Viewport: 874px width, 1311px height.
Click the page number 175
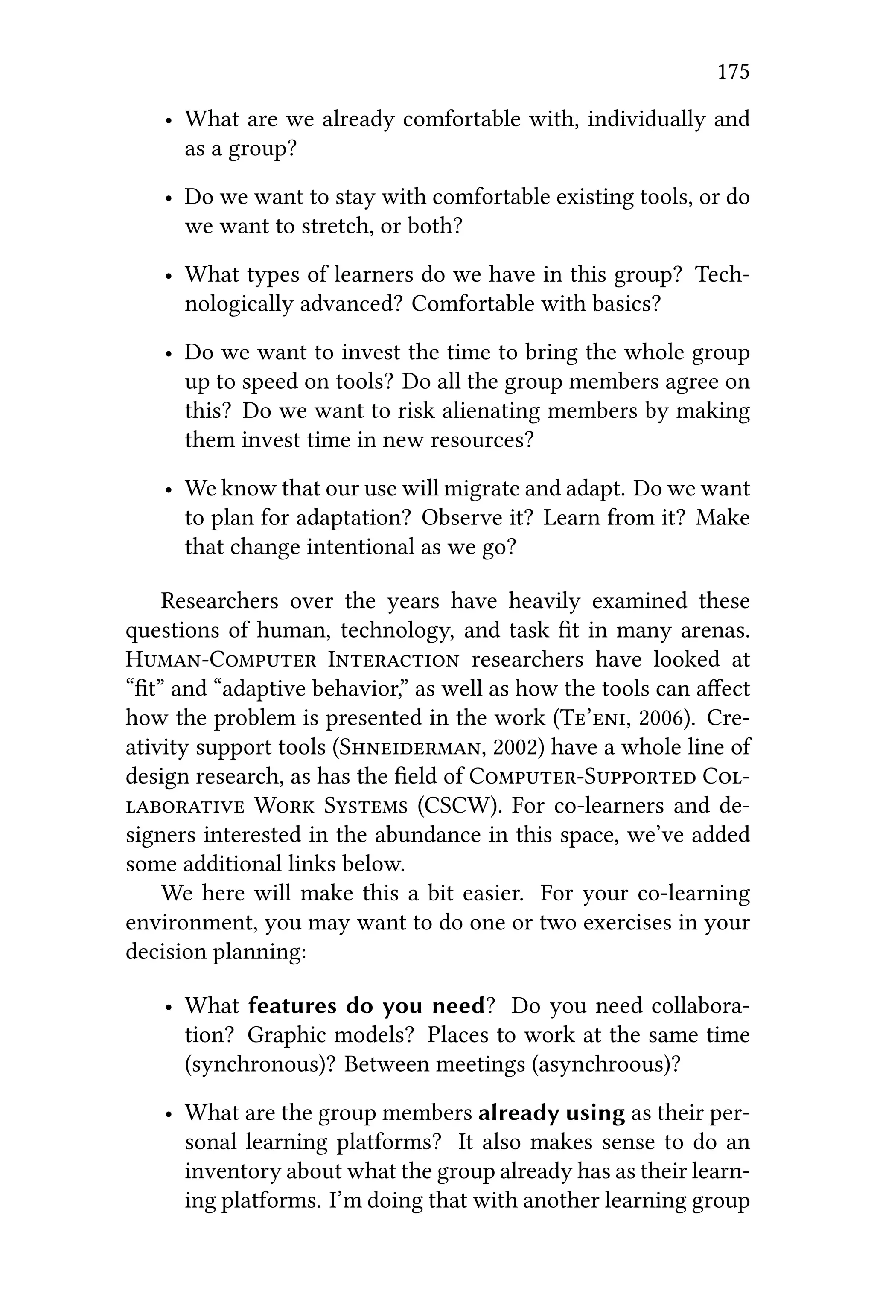point(733,73)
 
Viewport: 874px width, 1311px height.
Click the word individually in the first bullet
point(646,119)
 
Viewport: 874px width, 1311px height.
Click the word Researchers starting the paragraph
point(219,601)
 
